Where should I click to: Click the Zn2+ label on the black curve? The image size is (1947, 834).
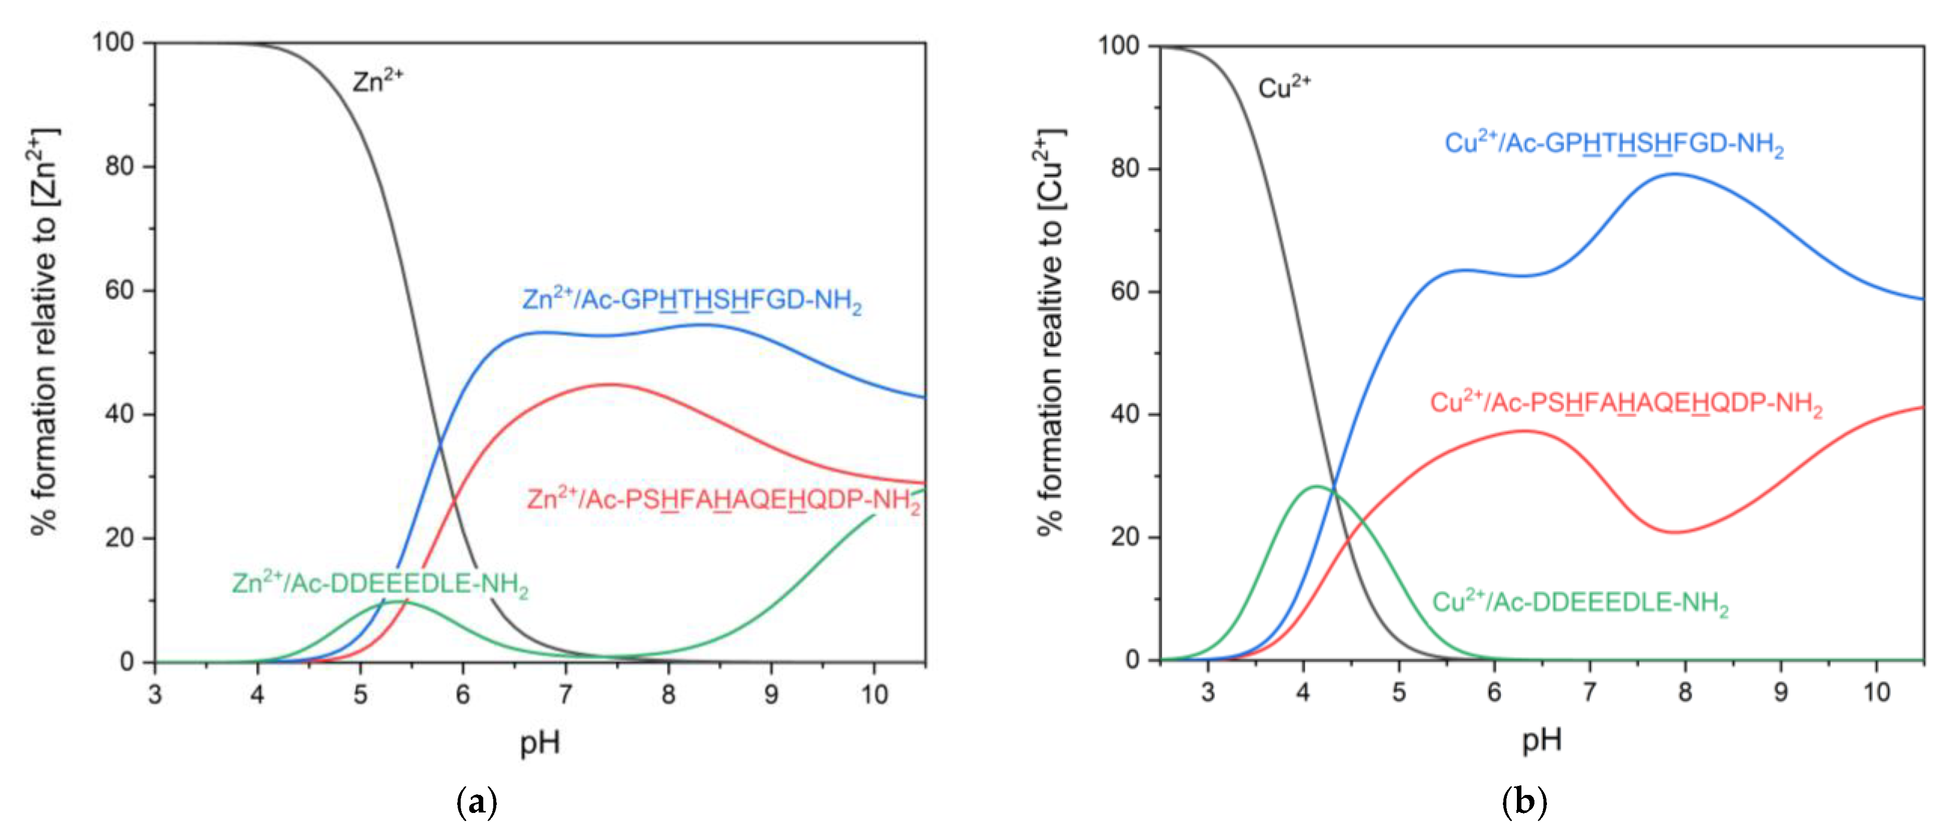point(377,80)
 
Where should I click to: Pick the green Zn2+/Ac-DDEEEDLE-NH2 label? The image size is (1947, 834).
point(379,584)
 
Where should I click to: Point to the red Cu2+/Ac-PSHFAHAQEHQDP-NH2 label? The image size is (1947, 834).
point(1625,403)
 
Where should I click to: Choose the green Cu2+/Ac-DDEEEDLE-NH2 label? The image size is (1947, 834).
point(1580,603)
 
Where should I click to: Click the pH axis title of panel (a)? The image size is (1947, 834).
point(540,743)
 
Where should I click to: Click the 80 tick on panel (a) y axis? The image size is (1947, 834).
point(119,166)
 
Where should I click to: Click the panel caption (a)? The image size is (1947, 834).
point(478,801)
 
